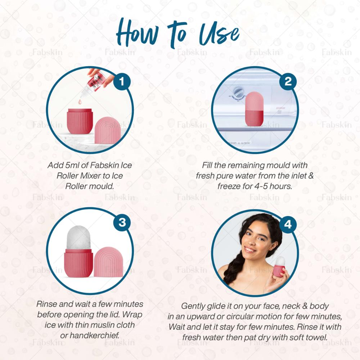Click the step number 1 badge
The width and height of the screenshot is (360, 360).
coord(122,81)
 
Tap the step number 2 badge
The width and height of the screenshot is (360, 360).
coord(288,81)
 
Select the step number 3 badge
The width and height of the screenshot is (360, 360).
coord(122,222)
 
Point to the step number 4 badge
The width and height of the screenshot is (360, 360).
coord(288,224)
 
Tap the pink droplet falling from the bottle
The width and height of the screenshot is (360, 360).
coord(80,102)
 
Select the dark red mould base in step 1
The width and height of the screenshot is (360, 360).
coord(80,121)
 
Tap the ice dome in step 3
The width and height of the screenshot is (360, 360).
coord(78,238)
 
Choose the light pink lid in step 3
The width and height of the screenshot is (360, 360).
coord(108,262)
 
